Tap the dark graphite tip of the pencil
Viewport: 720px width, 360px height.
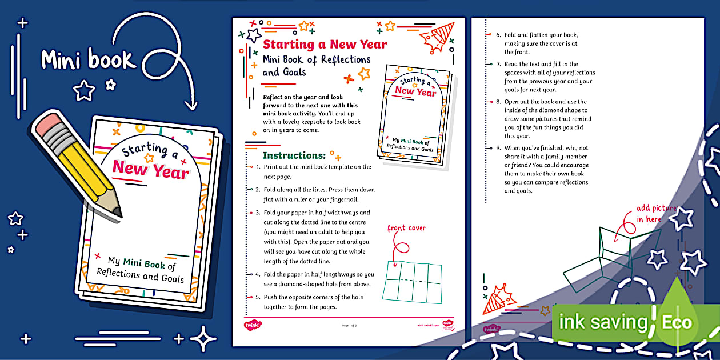[118, 213]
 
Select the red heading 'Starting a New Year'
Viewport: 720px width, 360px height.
[325, 45]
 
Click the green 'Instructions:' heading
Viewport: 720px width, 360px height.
[294, 155]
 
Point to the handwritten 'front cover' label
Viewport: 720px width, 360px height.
[406, 228]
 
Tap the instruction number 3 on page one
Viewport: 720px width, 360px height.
[258, 213]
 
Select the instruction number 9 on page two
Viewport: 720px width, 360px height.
[498, 148]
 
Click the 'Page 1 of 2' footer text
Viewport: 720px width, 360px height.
[349, 325]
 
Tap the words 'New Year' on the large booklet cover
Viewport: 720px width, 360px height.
[150, 170]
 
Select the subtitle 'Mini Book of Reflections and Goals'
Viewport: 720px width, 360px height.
[316, 66]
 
